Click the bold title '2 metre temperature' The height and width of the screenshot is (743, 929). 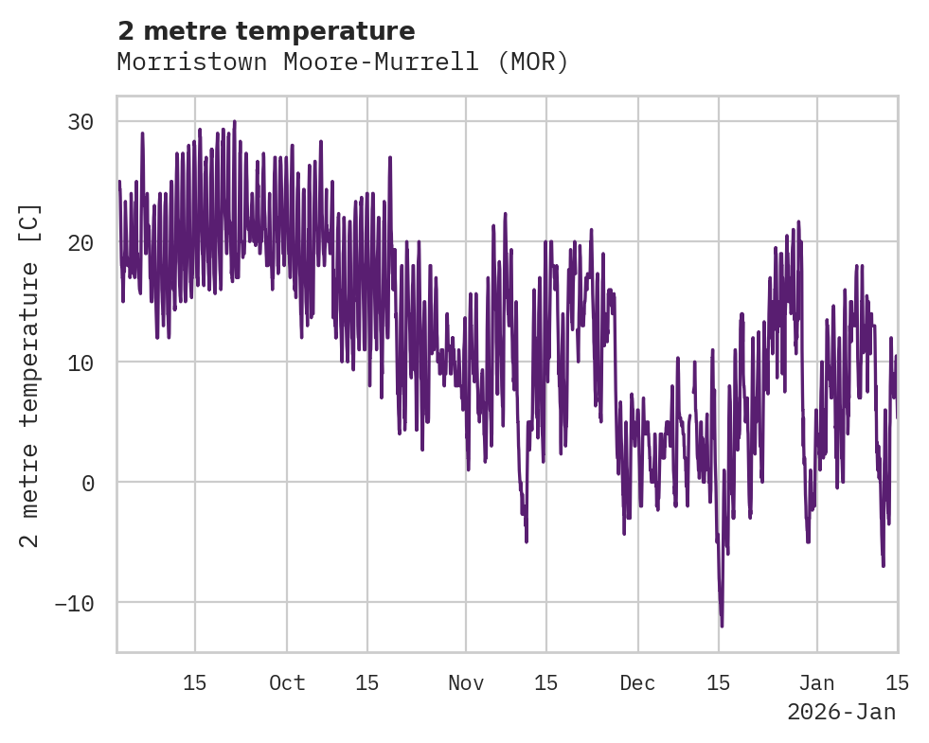coord(266,31)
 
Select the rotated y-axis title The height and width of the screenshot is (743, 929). coord(30,376)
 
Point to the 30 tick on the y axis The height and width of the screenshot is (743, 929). coord(80,122)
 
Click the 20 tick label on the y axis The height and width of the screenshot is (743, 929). coord(80,242)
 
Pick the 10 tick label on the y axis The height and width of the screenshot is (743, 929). coord(80,363)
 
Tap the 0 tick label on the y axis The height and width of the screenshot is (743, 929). coord(87,483)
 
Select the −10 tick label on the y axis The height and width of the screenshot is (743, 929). coord(74,603)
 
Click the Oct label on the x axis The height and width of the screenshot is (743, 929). coord(287,682)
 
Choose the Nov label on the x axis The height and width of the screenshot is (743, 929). coord(466,682)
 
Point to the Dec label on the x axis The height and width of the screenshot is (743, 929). coord(638,682)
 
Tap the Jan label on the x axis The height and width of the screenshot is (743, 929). coord(816,682)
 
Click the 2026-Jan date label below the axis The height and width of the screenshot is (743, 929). coord(841,712)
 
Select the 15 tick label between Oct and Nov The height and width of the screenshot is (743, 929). coord(367,682)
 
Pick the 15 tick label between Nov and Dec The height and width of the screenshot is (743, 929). coord(545,682)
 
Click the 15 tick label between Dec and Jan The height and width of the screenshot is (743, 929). coord(719,682)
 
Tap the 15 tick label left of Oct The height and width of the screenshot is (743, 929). coord(195,682)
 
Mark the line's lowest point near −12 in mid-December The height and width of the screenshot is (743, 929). coord(722,626)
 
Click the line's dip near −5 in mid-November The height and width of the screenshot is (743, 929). coord(527,541)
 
